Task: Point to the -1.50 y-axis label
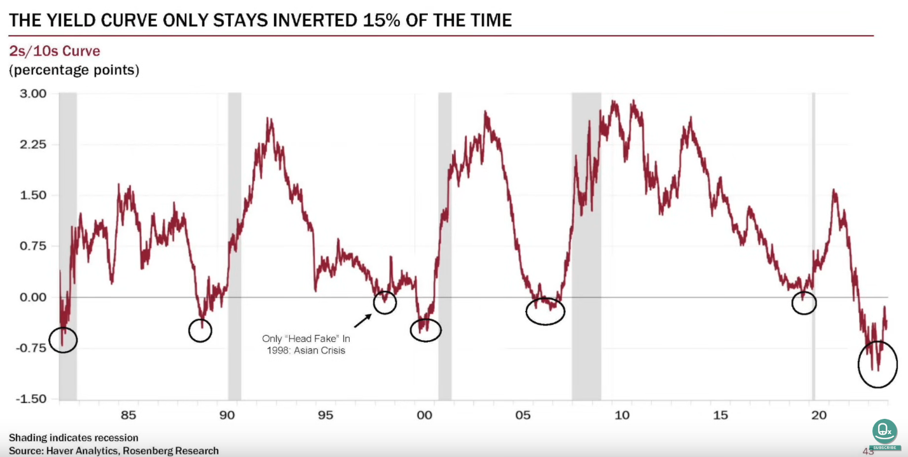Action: click(x=27, y=399)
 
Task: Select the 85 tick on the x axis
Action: click(x=128, y=416)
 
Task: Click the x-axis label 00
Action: click(x=424, y=416)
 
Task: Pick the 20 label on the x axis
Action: click(x=818, y=416)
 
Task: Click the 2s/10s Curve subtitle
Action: click(x=54, y=51)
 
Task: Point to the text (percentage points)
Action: click(x=74, y=70)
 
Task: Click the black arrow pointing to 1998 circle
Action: click(x=362, y=320)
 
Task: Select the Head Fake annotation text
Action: click(x=306, y=344)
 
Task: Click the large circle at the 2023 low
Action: click(x=879, y=364)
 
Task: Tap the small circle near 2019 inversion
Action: click(x=804, y=304)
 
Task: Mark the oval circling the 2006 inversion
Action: click(x=545, y=311)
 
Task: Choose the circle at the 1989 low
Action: click(x=200, y=331)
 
